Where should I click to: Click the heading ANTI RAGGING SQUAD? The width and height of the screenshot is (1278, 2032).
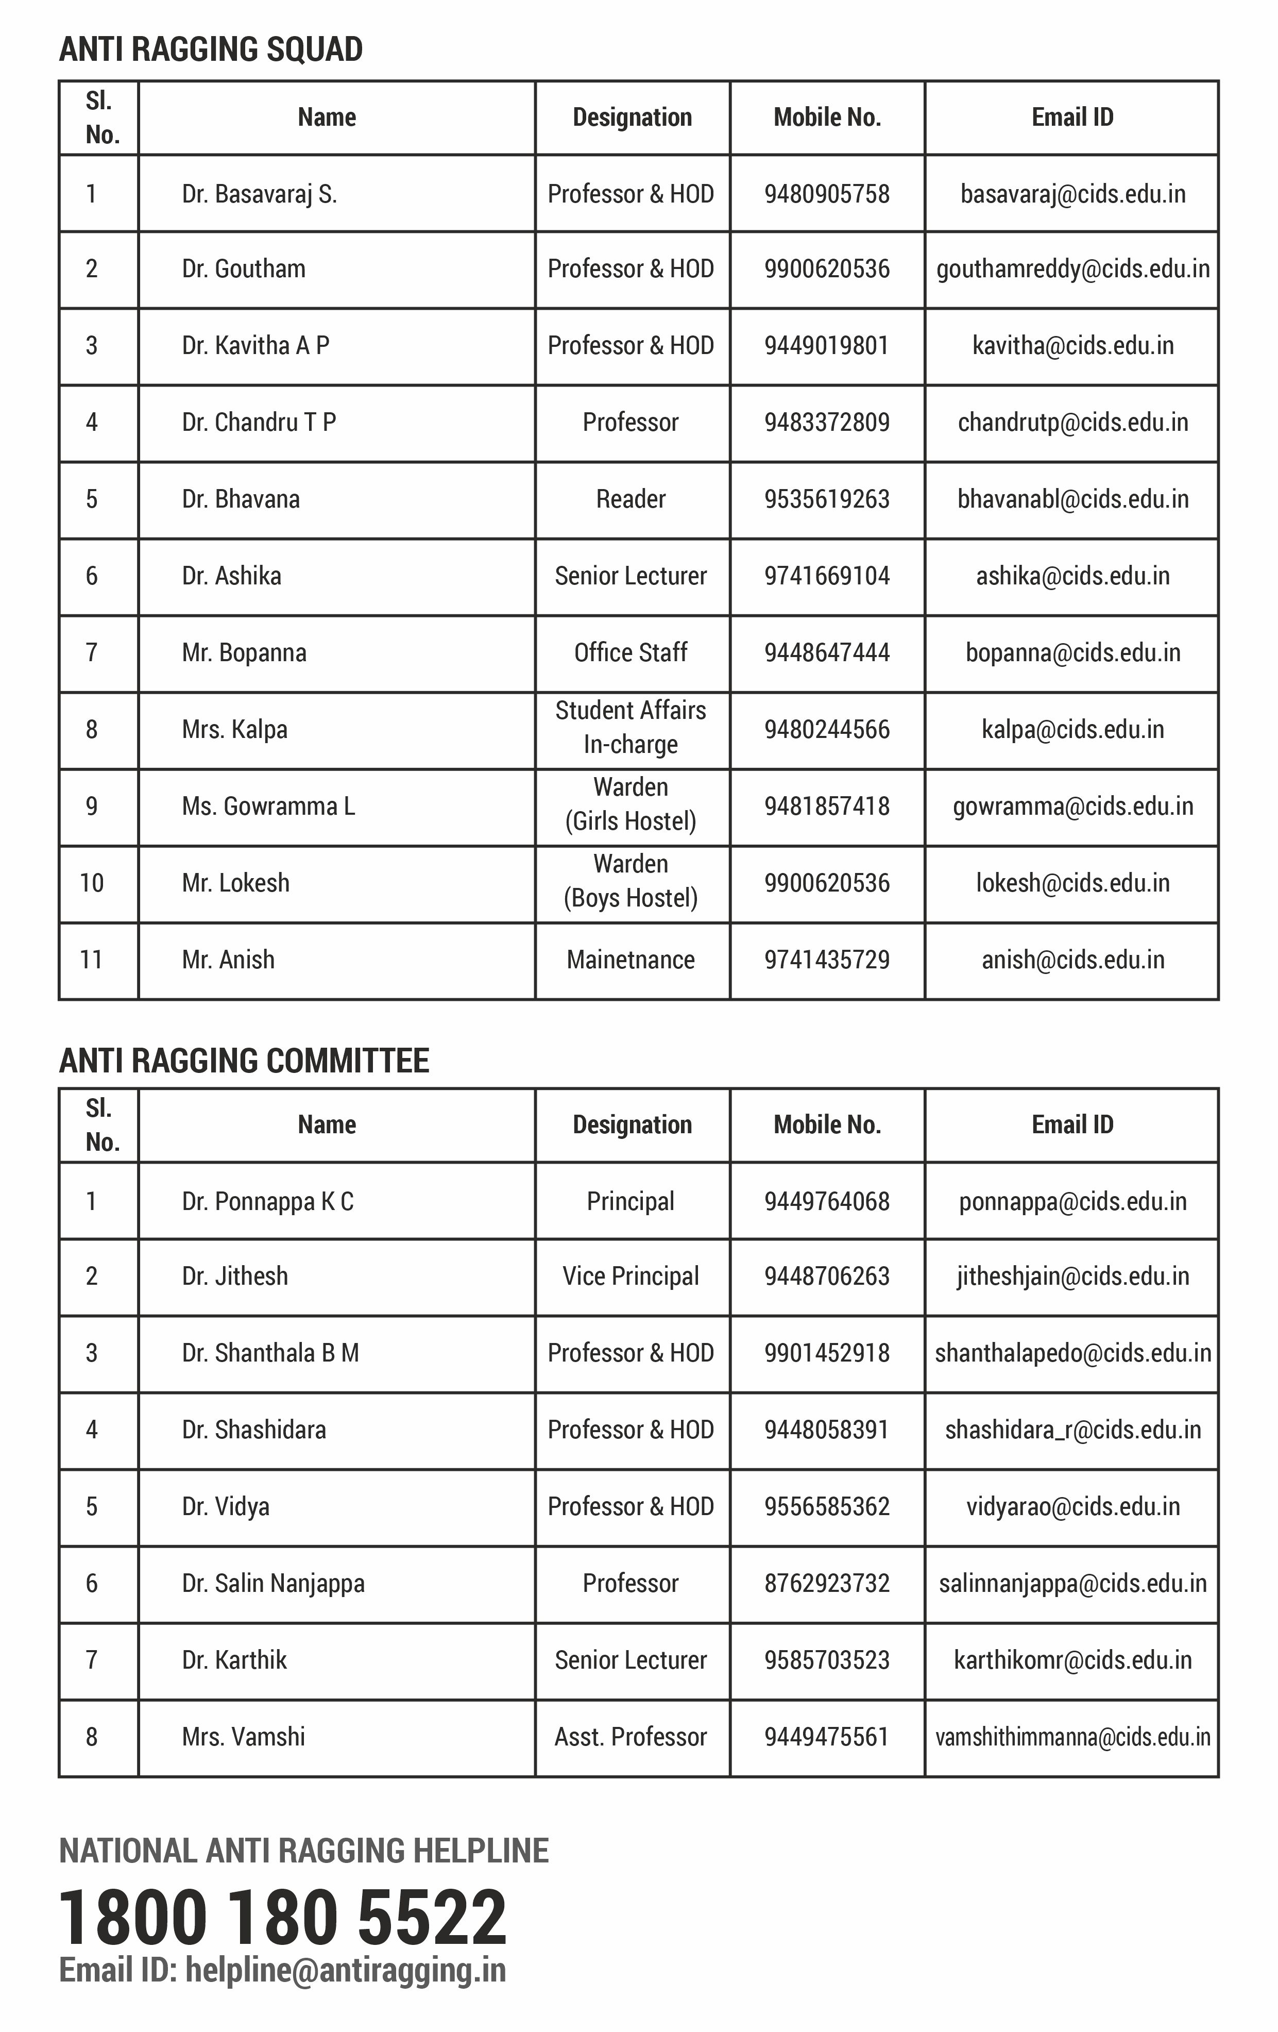(211, 50)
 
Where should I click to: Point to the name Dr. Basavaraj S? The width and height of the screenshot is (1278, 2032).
(259, 194)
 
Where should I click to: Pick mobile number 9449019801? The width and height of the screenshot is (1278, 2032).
(827, 345)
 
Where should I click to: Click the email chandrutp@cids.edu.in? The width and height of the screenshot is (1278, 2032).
(1072, 422)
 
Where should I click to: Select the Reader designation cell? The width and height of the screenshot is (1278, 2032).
(631, 499)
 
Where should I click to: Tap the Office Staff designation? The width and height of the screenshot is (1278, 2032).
(631, 652)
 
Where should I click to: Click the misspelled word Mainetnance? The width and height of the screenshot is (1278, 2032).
(631, 960)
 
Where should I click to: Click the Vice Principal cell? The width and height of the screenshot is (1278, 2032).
(631, 1276)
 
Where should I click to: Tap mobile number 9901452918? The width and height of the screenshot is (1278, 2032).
(827, 1353)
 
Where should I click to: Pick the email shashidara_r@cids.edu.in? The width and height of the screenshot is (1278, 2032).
(1072, 1430)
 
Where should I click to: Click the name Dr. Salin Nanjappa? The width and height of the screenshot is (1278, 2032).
(274, 1583)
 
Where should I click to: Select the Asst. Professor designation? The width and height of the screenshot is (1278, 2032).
(631, 1737)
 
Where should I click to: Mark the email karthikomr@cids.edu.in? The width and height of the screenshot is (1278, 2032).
(1072, 1660)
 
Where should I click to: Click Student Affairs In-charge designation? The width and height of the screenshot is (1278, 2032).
(631, 727)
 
